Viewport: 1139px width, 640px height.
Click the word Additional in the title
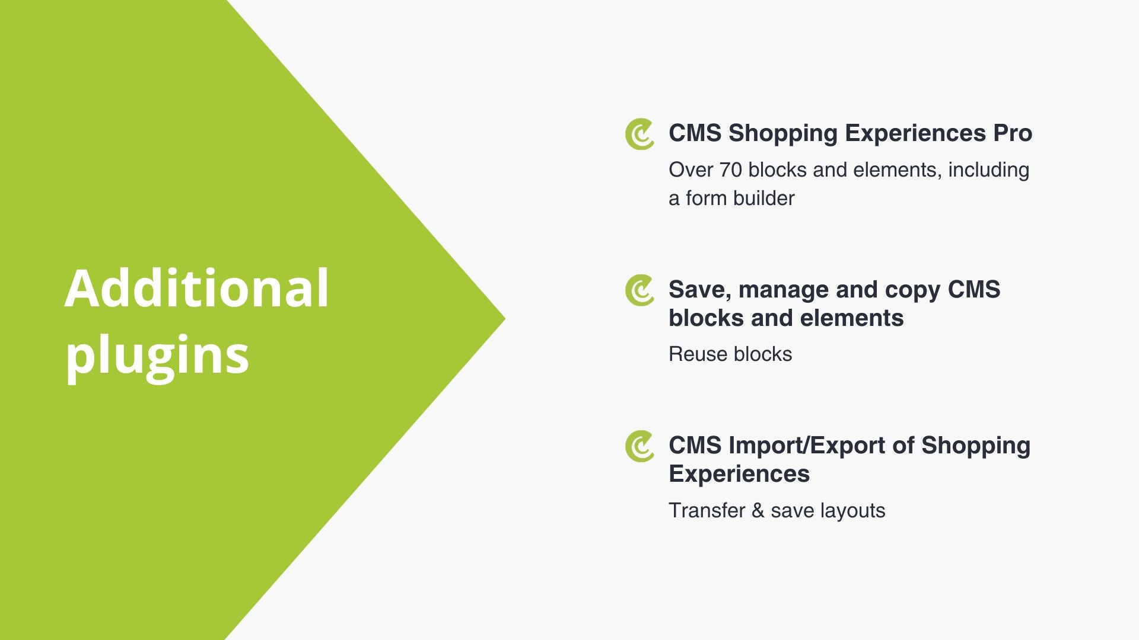(x=196, y=289)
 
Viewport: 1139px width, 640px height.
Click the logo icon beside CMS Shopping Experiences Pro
(x=640, y=134)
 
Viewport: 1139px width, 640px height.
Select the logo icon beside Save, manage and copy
(x=640, y=290)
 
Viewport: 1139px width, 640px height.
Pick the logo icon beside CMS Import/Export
(x=640, y=446)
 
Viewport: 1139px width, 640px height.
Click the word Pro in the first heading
(x=1013, y=133)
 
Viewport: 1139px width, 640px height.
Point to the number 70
(x=730, y=170)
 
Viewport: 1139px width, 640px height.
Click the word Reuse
(x=698, y=354)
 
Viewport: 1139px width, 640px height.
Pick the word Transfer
(x=707, y=510)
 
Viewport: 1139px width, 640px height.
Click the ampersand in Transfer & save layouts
(x=758, y=511)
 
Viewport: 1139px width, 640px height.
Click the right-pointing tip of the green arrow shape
(x=505, y=319)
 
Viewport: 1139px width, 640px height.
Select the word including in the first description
(x=988, y=171)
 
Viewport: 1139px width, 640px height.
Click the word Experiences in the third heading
(x=739, y=475)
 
